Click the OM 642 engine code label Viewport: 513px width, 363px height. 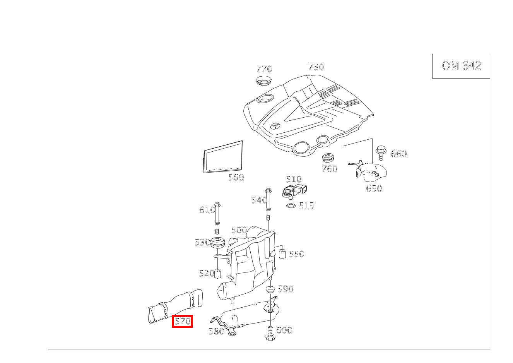point(461,66)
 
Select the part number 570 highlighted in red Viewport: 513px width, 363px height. point(182,321)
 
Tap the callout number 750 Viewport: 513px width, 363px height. point(316,67)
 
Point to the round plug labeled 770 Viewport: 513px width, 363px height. point(264,80)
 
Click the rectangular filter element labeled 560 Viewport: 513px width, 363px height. point(223,157)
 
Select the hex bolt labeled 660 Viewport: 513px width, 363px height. point(381,152)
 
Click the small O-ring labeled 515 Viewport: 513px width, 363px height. point(291,205)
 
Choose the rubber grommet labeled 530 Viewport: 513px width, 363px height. point(218,244)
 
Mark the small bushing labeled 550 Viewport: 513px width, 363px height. point(282,254)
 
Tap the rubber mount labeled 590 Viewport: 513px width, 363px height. point(270,289)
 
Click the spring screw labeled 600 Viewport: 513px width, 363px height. point(270,333)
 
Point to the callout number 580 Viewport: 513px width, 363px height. point(216,331)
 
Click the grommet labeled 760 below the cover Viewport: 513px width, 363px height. point(328,158)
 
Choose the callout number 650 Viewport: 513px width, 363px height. point(374,188)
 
